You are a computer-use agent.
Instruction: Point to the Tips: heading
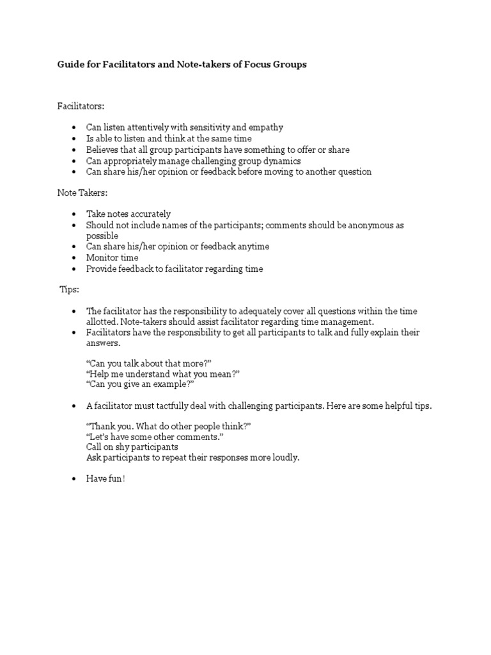(69, 290)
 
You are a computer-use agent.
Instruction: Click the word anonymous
(365, 226)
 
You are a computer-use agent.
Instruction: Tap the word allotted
(101, 322)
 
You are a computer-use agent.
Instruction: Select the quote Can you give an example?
(139, 384)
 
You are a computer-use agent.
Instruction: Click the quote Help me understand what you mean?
(162, 374)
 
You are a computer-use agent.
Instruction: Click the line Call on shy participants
(132, 447)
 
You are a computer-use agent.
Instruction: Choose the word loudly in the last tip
(285, 458)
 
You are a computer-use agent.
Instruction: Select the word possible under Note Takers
(102, 236)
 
